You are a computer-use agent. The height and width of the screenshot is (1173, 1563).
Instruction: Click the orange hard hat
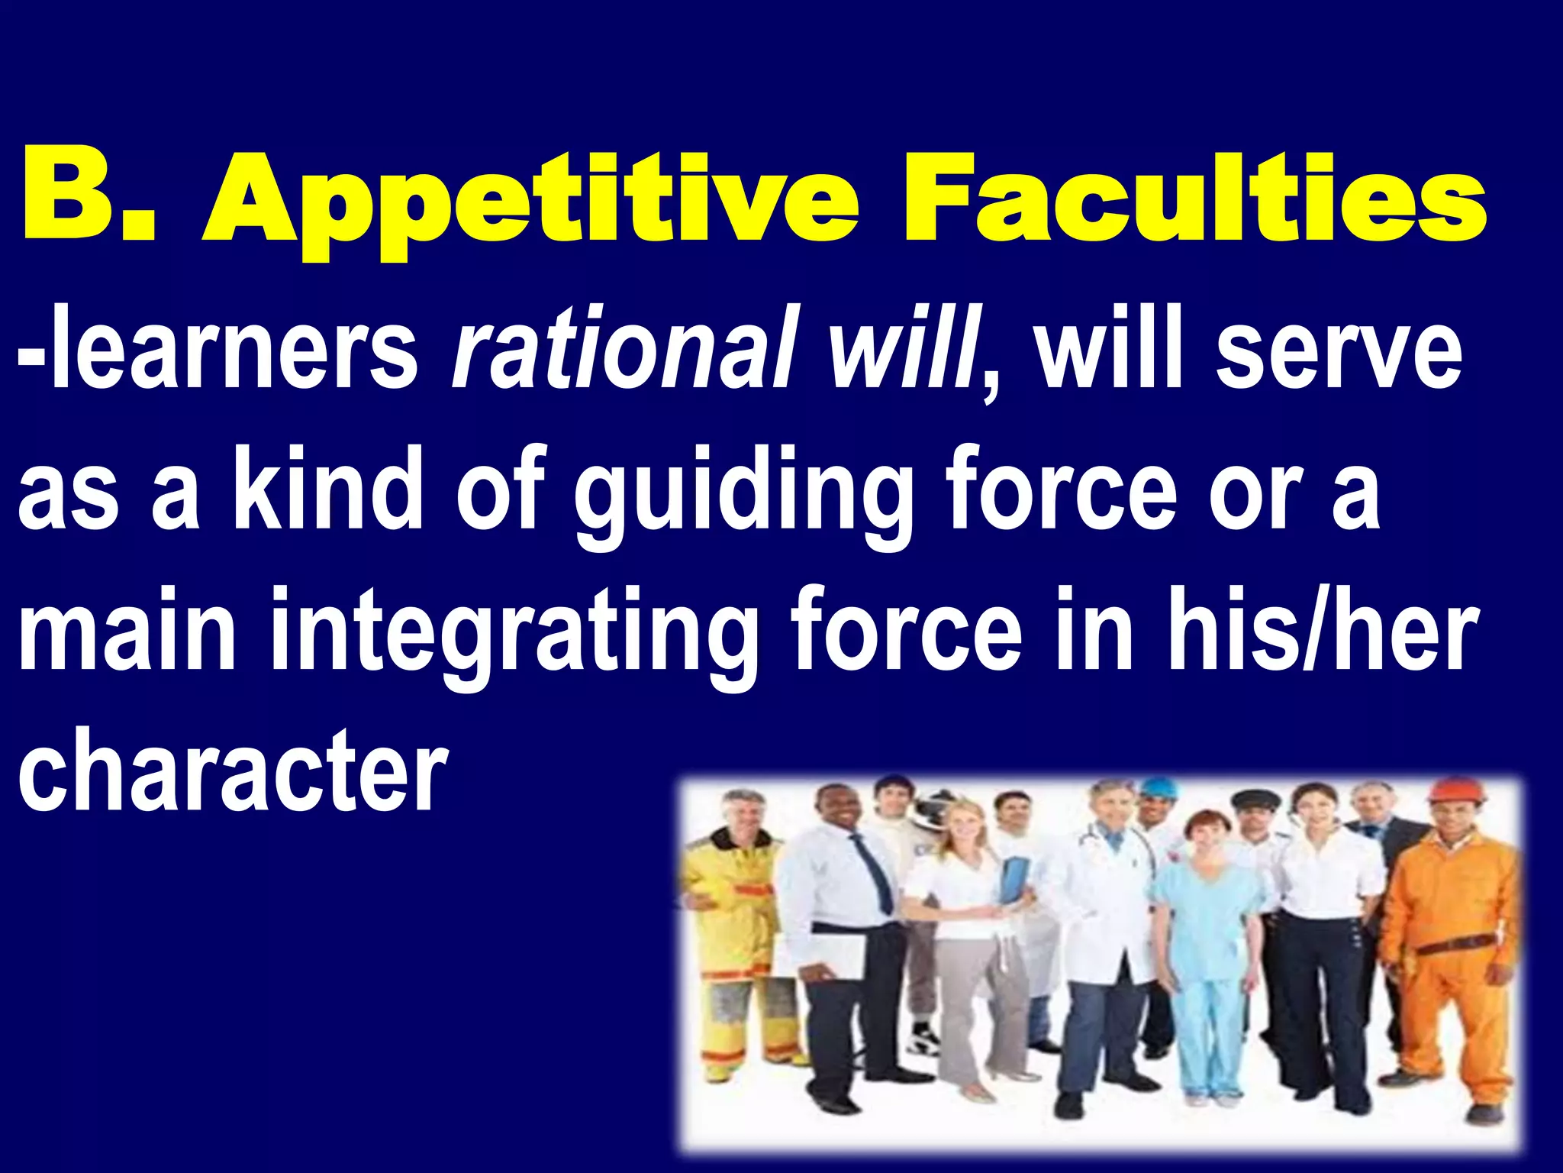1455,791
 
